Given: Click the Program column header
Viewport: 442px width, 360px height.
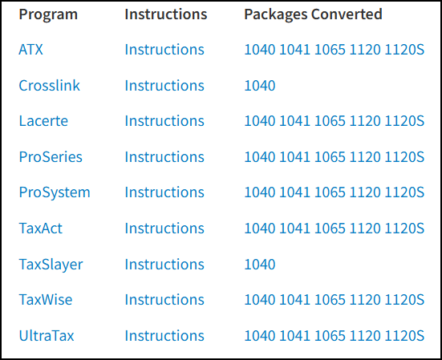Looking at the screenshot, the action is click(48, 14).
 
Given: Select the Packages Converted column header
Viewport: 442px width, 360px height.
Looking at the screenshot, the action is click(313, 14).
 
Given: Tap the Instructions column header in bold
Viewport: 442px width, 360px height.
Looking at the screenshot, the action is click(166, 14).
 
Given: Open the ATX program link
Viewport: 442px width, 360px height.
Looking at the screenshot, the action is click(30, 50).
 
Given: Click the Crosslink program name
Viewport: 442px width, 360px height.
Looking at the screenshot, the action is click(49, 85).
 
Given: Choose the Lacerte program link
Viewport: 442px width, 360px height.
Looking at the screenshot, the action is click(43, 121).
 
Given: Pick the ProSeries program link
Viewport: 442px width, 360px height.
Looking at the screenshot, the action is click(51, 156).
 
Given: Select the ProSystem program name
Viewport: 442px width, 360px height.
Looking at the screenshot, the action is click(55, 192).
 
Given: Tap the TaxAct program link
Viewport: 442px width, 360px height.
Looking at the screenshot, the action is click(41, 228).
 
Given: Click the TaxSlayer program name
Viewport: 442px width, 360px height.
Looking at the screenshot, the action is click(51, 265).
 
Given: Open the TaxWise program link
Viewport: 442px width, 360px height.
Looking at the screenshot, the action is click(46, 299).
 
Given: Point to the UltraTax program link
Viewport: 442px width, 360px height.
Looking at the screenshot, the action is click(47, 335).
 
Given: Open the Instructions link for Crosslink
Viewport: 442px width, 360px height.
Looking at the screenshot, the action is click(164, 85).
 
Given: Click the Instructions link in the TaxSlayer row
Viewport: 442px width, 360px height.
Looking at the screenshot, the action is click(164, 265).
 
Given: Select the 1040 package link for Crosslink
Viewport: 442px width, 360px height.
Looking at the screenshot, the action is click(260, 85).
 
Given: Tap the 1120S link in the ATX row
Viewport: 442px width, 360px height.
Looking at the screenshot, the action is click(404, 50).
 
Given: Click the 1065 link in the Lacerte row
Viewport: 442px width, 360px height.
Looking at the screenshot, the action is click(330, 121).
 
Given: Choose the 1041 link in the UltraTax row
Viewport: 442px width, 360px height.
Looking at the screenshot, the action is click(294, 335).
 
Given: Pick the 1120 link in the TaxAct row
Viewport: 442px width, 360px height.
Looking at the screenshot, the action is click(365, 229).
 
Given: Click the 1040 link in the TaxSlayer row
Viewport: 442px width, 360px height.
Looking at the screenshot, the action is click(260, 265).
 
